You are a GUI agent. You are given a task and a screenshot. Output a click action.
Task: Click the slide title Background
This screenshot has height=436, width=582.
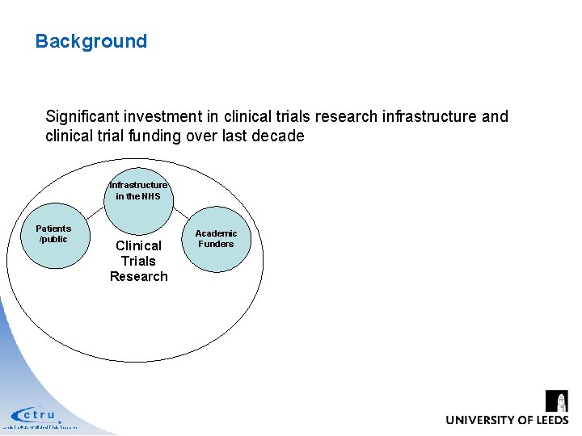(x=91, y=41)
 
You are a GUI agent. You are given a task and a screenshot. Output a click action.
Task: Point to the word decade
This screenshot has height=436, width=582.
(x=279, y=136)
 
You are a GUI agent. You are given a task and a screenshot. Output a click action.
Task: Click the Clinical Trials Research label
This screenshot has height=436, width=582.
(x=139, y=261)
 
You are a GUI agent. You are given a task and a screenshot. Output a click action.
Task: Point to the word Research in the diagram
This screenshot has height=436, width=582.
(x=139, y=276)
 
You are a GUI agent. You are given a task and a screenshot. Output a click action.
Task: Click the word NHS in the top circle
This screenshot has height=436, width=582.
(x=150, y=196)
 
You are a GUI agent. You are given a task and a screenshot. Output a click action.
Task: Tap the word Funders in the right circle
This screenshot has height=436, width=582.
(x=216, y=244)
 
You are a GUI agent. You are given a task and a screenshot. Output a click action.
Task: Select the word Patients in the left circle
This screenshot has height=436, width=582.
(x=53, y=228)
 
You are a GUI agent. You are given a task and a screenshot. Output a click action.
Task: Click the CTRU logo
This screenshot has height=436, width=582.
(x=36, y=415)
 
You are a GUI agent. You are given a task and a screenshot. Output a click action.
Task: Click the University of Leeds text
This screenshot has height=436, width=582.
(x=506, y=420)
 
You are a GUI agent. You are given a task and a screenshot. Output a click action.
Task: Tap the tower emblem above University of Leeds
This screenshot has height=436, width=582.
(x=557, y=400)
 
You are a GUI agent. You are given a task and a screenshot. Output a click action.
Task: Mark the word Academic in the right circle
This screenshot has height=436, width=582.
(x=216, y=233)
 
